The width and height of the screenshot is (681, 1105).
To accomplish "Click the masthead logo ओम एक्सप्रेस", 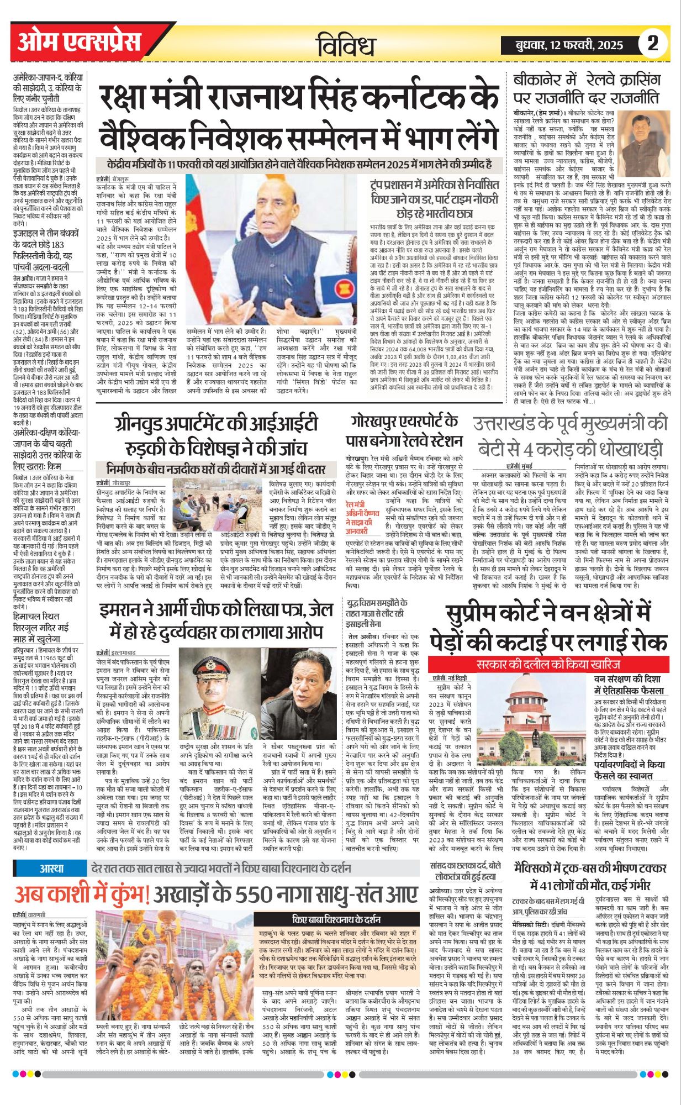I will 79,42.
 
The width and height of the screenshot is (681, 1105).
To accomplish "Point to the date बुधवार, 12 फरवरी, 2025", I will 569,45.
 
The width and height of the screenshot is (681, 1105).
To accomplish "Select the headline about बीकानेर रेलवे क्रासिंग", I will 586,88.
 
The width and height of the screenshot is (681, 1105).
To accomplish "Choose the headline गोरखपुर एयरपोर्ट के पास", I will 404,431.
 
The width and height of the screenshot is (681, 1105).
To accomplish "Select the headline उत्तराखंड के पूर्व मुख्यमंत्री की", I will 571,435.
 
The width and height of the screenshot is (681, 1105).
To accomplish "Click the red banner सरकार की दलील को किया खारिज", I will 548,664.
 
